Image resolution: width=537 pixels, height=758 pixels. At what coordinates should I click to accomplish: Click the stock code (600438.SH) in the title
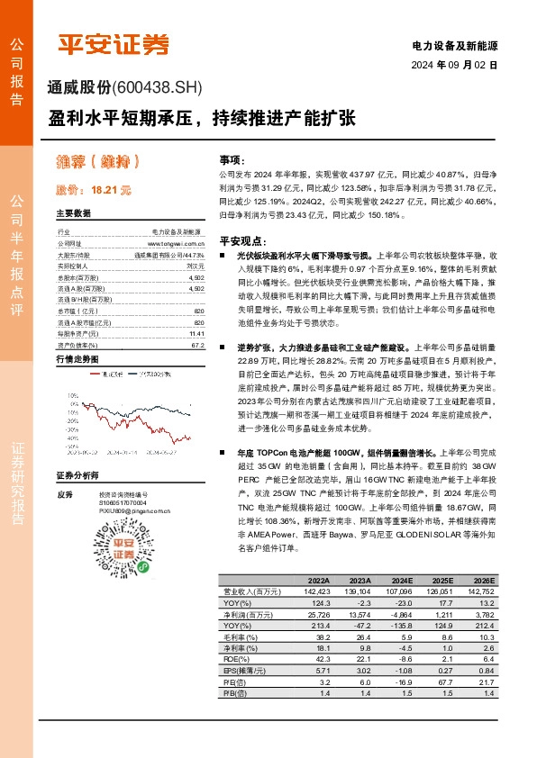coord(159,87)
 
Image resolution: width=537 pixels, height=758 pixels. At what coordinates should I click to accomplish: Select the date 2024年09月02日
coord(455,65)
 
